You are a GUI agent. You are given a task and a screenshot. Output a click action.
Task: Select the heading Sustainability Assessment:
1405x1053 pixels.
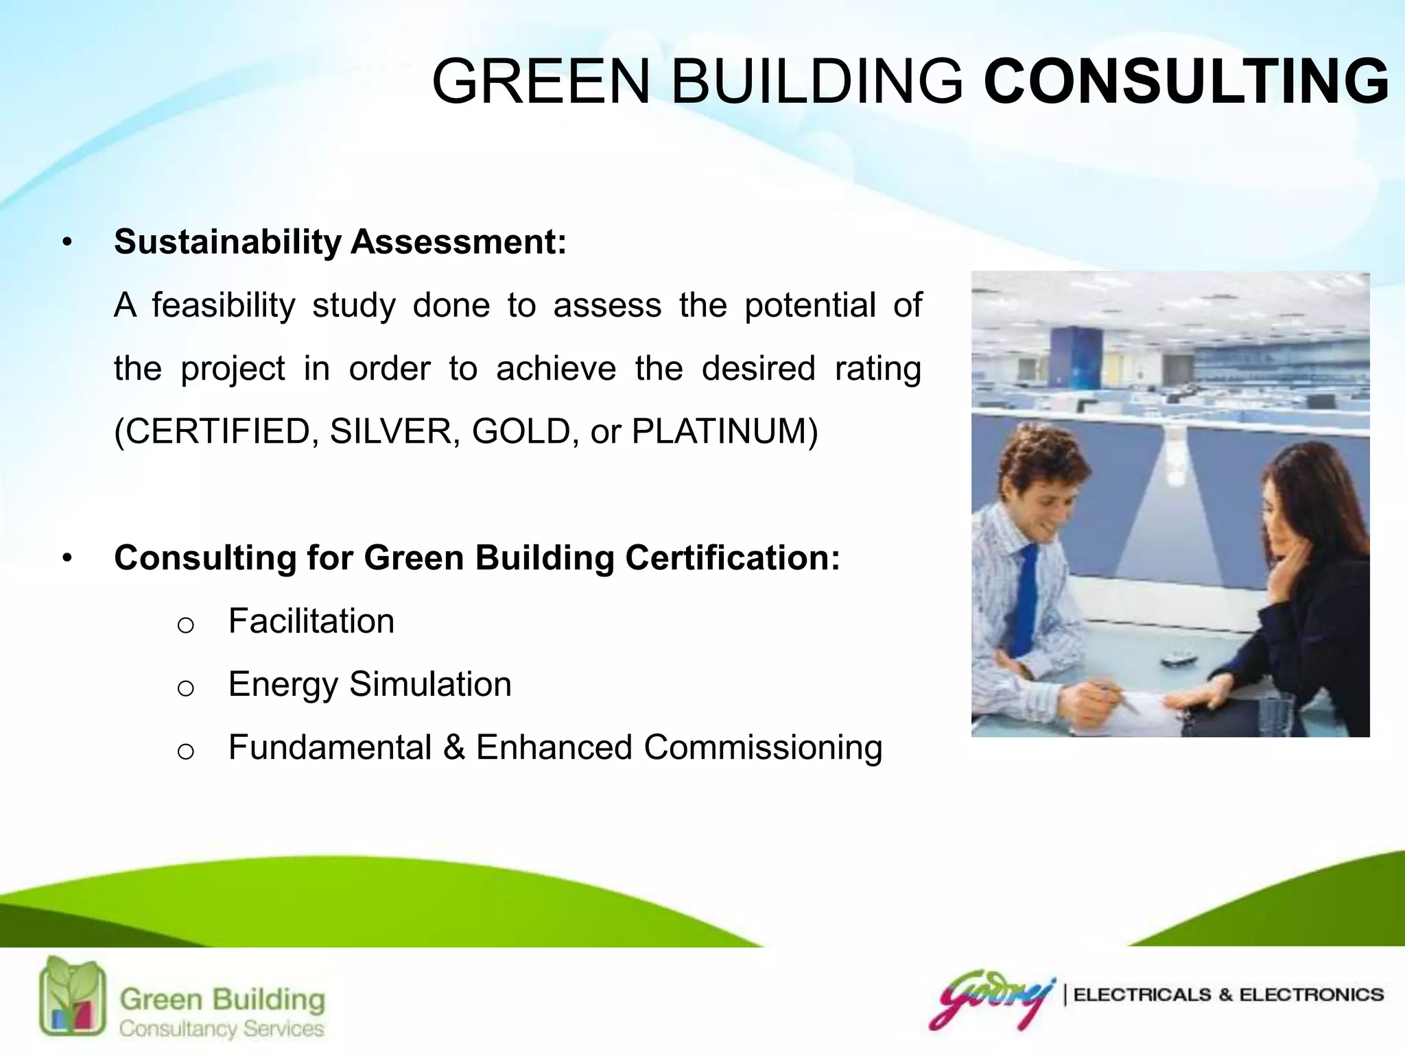click(340, 242)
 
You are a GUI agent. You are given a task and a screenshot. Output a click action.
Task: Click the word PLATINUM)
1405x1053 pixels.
click(724, 431)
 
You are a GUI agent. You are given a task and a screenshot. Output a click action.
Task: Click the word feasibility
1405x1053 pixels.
click(224, 305)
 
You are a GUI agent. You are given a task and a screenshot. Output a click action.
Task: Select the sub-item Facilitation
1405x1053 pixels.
click(311, 621)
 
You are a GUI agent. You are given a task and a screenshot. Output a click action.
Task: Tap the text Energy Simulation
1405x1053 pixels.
click(370, 684)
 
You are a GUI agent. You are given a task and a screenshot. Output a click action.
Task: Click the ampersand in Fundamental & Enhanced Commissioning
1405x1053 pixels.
click(454, 747)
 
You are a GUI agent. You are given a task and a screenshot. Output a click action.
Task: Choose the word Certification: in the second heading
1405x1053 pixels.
click(732, 557)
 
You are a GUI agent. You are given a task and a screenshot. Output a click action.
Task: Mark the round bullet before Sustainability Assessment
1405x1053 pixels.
click(67, 243)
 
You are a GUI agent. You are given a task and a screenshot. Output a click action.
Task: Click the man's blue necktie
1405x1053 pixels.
click(1026, 596)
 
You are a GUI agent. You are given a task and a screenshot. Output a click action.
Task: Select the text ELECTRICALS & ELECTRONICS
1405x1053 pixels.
click(1228, 995)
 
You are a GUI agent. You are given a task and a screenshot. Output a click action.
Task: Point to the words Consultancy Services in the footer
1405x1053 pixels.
click(221, 1028)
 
